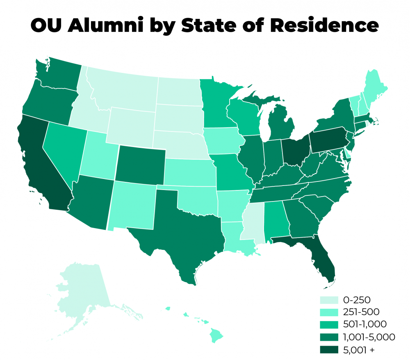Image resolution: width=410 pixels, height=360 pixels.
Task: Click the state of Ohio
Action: point(296,151)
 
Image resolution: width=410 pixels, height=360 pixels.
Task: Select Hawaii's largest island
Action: point(216,335)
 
